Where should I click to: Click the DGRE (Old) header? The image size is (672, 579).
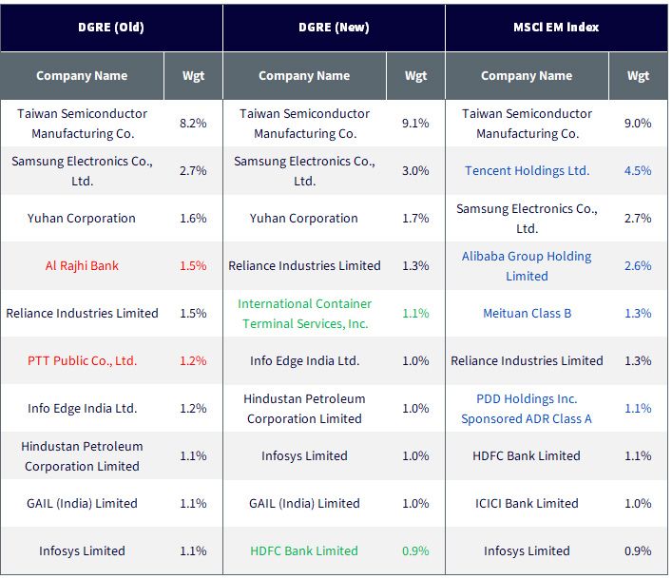click(111, 27)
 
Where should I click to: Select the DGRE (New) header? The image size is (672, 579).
click(334, 27)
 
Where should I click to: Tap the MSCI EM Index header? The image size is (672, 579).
click(556, 27)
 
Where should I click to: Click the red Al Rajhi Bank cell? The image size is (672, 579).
click(82, 265)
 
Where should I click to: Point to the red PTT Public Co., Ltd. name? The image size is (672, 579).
click(83, 360)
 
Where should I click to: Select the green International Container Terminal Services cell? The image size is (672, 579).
click(305, 314)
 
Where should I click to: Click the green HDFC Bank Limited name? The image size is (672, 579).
click(304, 550)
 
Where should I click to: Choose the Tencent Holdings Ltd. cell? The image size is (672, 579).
click(528, 170)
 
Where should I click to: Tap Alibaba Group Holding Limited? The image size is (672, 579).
click(527, 265)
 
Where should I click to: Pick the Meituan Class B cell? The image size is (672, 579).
click(528, 314)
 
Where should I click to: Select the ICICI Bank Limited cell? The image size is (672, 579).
click(527, 503)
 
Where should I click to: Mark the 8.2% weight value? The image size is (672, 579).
click(193, 124)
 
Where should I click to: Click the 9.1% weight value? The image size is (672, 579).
click(415, 124)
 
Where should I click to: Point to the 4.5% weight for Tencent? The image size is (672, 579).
click(638, 170)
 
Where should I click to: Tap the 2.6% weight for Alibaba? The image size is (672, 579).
click(638, 265)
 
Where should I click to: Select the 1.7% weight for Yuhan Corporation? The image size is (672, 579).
click(415, 218)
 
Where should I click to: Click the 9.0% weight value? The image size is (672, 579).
click(638, 124)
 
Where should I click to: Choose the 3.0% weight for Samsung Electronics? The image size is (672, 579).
click(415, 170)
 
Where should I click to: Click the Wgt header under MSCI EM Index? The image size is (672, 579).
click(638, 76)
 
